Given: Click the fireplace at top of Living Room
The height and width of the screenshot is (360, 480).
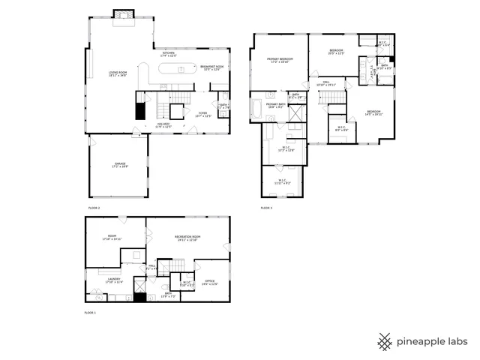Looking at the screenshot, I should pyautogui.click(x=121, y=16).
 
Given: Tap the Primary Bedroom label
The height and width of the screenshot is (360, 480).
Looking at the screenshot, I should pyautogui.click(x=280, y=60).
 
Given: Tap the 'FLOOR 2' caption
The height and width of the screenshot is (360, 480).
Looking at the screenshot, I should pyautogui.click(x=94, y=207).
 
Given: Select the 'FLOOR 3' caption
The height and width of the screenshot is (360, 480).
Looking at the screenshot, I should pyautogui.click(x=266, y=207).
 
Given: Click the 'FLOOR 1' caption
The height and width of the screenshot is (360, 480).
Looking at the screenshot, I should pyautogui.click(x=91, y=311).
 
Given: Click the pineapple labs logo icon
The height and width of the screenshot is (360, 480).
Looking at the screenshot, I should pyautogui.click(x=385, y=342).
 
